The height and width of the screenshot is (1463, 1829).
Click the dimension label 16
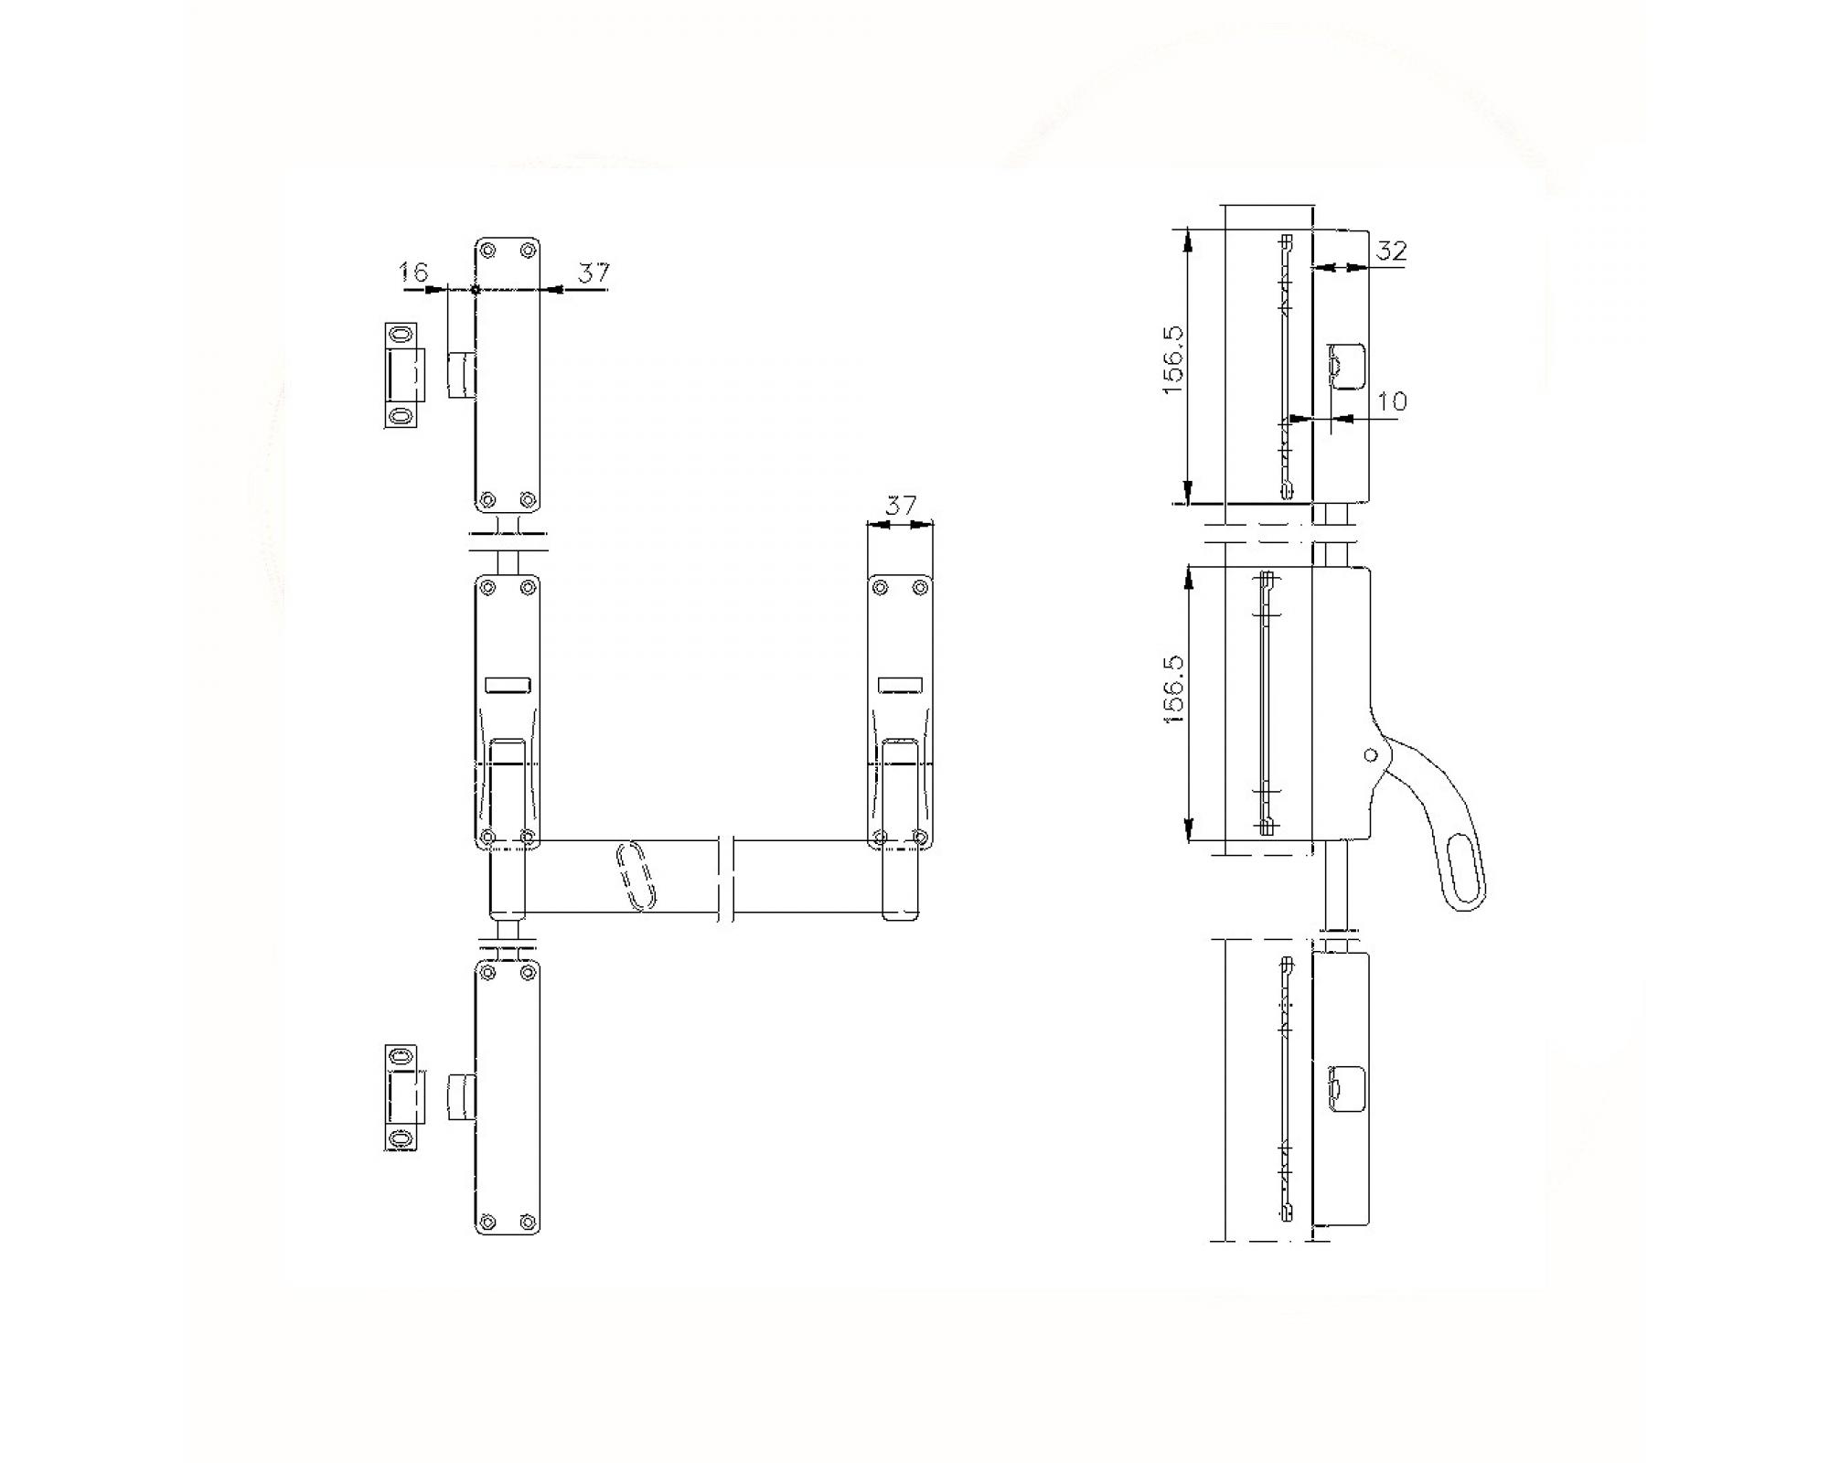(x=414, y=272)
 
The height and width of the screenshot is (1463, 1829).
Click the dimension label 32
(x=1390, y=250)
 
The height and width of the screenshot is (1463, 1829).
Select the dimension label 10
(x=1391, y=400)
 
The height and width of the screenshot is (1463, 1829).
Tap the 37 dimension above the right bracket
(x=901, y=505)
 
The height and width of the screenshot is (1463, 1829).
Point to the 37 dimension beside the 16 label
(x=594, y=272)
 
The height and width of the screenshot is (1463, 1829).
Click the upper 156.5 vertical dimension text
(x=1174, y=360)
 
